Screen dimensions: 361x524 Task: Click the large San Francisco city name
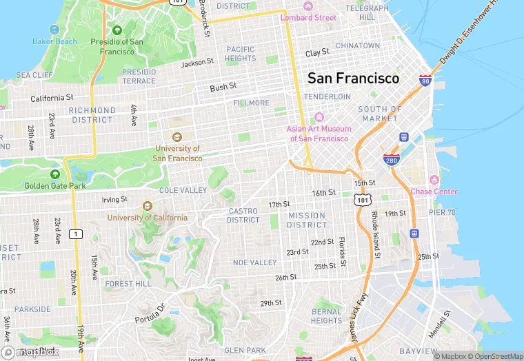coord(353,78)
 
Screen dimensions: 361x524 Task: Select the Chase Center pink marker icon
coord(434,180)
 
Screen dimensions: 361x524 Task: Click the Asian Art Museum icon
coord(319,117)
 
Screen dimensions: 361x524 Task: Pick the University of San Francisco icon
coord(177,137)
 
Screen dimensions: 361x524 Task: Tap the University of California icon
coord(146,206)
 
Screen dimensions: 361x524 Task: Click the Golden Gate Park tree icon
coord(54,174)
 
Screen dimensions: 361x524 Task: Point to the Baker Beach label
coord(54,41)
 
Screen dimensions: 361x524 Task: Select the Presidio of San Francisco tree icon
coord(117,30)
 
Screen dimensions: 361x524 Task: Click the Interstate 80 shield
coord(425,81)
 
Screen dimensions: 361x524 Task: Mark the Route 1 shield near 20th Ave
coord(76,234)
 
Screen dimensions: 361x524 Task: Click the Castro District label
coord(243,215)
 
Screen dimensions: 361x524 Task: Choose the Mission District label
coord(307,220)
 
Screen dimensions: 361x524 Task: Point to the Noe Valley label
coord(254,262)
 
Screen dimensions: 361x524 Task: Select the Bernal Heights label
coord(326,316)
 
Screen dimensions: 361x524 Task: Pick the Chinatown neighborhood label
coord(358,45)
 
